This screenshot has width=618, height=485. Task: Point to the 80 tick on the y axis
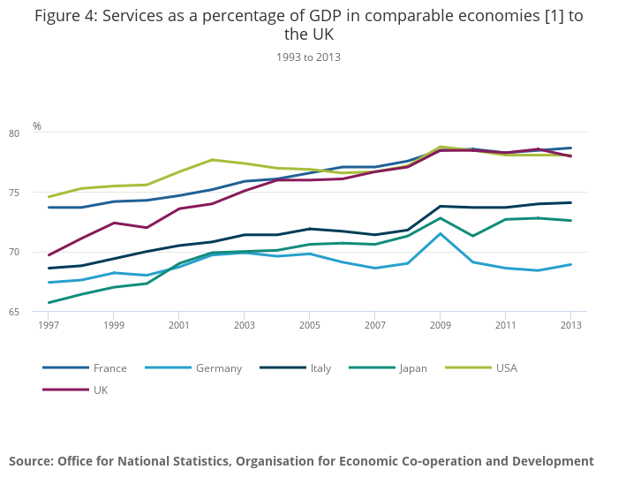coord(39,133)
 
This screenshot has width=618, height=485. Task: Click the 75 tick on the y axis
coord(39,193)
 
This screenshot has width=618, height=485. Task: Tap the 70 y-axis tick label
coord(39,252)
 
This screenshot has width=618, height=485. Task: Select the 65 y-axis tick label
coord(39,311)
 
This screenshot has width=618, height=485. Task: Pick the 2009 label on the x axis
coord(440,325)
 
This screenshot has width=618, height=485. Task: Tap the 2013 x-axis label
coord(570,325)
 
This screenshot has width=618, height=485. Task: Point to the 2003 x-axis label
coord(244,325)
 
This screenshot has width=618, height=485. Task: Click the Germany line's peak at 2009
coord(440,233)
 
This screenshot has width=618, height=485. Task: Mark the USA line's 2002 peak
coord(212,160)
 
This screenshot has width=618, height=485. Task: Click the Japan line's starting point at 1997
coord(49,302)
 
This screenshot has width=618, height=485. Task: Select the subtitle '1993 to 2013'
coord(308,57)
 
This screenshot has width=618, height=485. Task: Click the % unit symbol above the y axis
coord(37,126)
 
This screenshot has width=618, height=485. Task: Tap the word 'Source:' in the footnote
coord(31,461)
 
